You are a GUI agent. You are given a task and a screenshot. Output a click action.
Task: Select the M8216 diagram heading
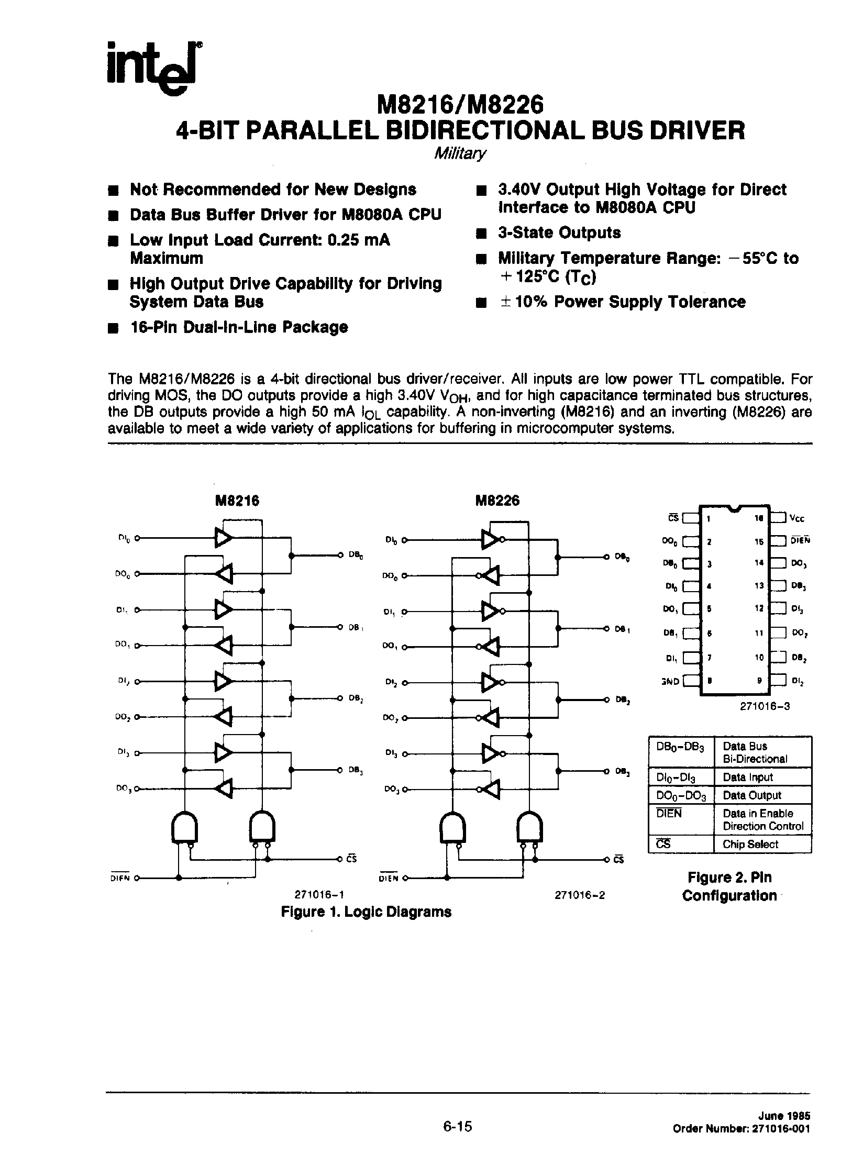pos(237,501)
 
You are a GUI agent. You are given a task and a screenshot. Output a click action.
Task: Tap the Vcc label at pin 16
pos(796,519)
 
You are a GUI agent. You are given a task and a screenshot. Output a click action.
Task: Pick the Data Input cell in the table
pos(747,777)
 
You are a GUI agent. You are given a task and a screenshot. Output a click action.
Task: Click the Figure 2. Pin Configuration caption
pos(729,886)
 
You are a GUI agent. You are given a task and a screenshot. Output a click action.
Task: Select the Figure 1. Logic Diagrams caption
pos(366,912)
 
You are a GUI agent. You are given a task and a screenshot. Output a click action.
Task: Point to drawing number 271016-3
pos(765,706)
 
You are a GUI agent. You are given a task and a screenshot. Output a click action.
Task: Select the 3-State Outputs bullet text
pos(559,232)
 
